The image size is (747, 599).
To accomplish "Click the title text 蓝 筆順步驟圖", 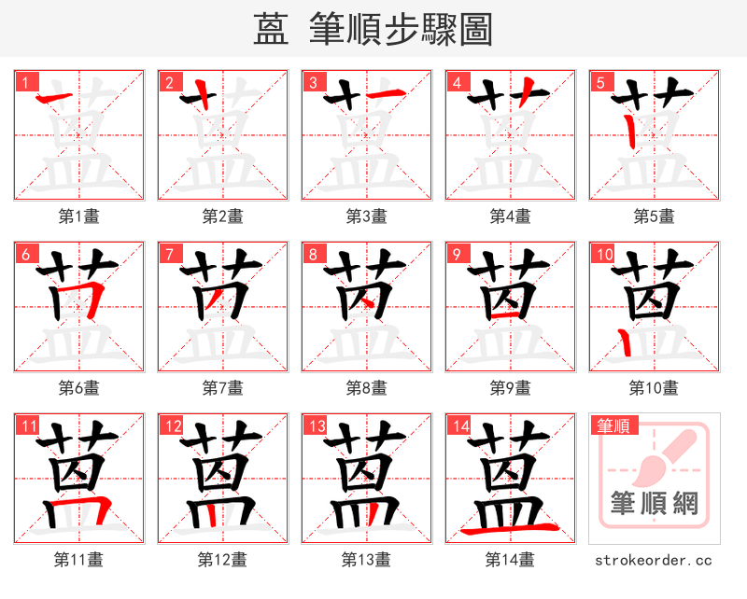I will [x=373, y=29].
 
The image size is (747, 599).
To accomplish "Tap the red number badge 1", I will [x=23, y=82].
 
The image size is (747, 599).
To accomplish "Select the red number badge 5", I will [x=599, y=82].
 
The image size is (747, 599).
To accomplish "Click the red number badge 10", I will [x=602, y=254].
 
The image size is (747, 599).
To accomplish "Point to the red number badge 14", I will [x=458, y=426].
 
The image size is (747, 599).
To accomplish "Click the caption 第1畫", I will [x=79, y=216].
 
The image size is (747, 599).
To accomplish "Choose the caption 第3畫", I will [x=367, y=216].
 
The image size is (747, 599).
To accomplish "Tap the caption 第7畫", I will [x=223, y=387].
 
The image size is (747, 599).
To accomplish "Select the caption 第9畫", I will [x=511, y=387].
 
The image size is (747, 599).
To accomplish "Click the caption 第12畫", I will [x=223, y=560].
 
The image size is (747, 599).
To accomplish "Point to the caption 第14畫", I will [x=511, y=560].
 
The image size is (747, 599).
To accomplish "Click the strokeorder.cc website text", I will [x=654, y=560].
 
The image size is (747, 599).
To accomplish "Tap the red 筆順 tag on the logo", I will [x=613, y=426].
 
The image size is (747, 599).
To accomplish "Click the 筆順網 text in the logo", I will [x=654, y=504].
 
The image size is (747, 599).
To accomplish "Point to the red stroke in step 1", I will [x=57, y=96].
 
